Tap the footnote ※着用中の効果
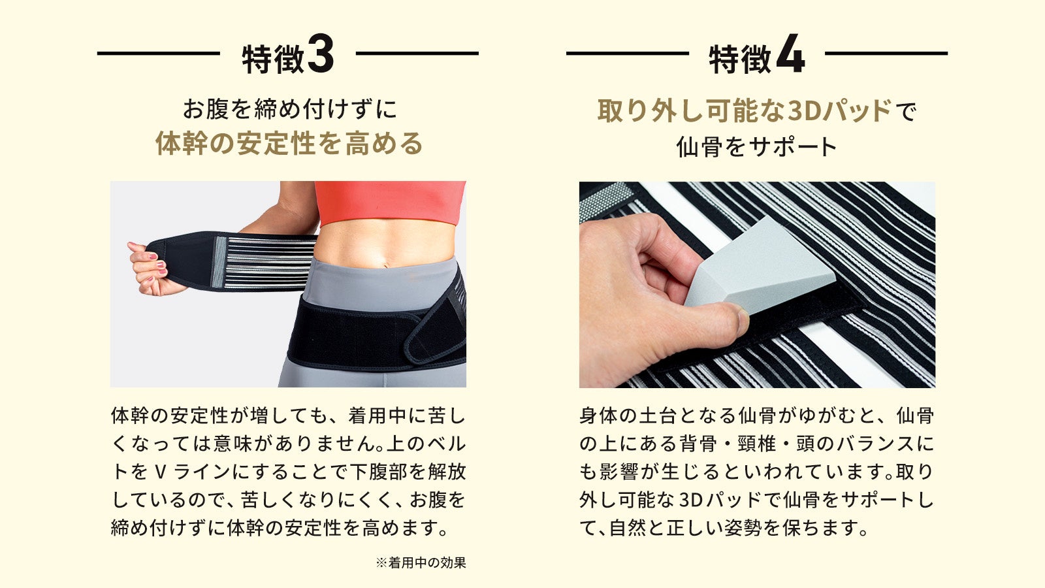pos(421,563)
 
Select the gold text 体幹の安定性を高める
pos(289,143)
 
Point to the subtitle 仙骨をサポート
pos(757,146)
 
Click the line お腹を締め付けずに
pos(289,108)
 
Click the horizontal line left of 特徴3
pos(159,53)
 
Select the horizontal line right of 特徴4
pos(886,53)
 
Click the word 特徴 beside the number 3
pos(273,59)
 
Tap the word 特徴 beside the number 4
pos(741,59)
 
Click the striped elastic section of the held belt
pos(266,261)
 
